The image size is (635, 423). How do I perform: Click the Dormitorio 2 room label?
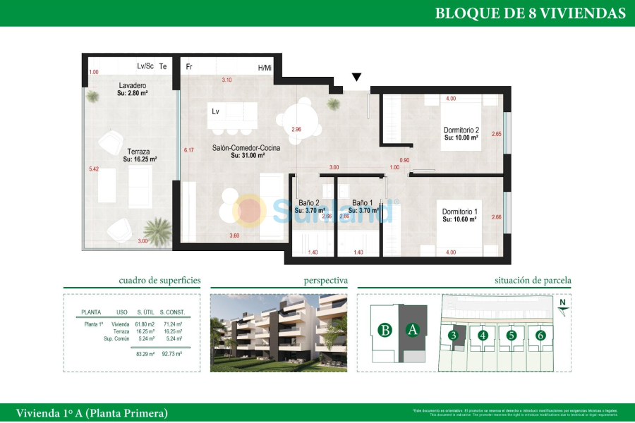click(x=461, y=130)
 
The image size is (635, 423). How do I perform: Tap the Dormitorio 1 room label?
click(x=460, y=211)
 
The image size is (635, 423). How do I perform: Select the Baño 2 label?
click(x=309, y=202)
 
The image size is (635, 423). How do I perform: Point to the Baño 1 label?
click(x=362, y=202)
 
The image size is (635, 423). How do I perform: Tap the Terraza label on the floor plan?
click(x=138, y=152)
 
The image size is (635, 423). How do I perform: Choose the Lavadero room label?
click(x=132, y=86)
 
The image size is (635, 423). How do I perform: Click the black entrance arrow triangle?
click(x=357, y=77)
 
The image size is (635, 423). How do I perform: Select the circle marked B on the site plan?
click(x=385, y=329)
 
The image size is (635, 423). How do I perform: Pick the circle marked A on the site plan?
click(x=413, y=329)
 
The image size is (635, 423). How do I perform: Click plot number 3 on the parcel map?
click(x=454, y=336)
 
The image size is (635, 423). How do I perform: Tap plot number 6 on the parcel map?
click(x=540, y=336)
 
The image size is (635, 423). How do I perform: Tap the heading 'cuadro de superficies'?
click(x=159, y=281)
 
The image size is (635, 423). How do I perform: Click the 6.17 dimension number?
click(x=188, y=150)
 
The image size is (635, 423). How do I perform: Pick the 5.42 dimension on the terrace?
click(x=94, y=169)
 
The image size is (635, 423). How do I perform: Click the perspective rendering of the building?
click(x=279, y=332)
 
